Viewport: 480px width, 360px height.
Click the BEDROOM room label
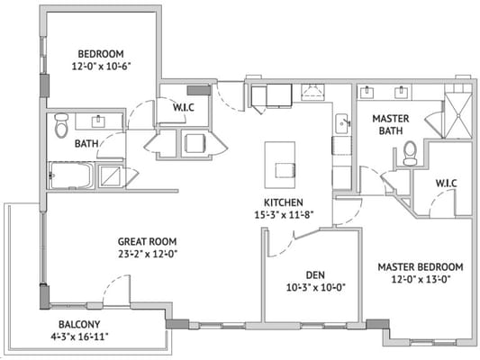(x=100, y=53)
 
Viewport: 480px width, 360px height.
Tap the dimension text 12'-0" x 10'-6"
(x=100, y=67)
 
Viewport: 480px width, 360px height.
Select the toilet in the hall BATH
(x=61, y=125)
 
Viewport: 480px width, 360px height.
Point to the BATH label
(x=86, y=144)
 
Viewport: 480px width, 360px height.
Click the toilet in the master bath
(x=410, y=154)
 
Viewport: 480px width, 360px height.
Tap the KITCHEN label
(x=283, y=202)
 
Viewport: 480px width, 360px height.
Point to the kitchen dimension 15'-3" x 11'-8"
(x=283, y=214)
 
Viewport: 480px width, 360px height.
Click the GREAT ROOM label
(x=147, y=241)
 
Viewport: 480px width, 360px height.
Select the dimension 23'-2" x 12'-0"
(x=147, y=254)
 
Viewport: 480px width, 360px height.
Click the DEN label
(x=308, y=274)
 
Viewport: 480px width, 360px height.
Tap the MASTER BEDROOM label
(x=420, y=266)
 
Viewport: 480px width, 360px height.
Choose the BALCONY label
(x=79, y=324)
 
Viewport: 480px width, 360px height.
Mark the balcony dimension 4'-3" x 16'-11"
(x=79, y=337)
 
